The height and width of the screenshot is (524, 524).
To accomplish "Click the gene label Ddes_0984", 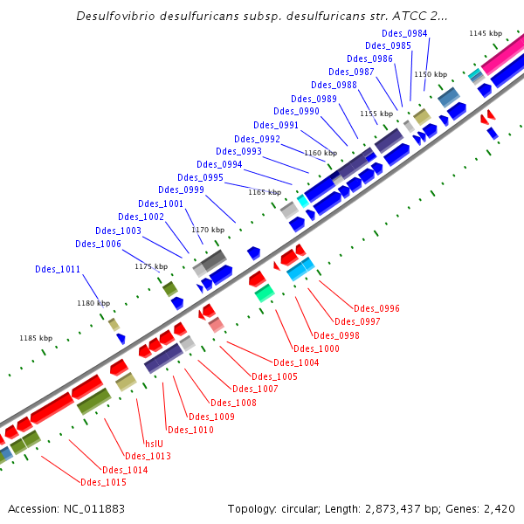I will [x=404, y=33].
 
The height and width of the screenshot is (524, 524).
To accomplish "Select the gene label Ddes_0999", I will [x=181, y=190].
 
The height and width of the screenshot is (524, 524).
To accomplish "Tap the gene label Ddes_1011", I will [x=58, y=269].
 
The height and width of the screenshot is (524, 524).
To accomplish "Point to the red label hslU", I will [x=155, y=443].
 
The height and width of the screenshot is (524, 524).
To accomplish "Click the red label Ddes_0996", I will [x=377, y=308].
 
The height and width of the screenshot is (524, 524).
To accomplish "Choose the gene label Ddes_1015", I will [x=103, y=482].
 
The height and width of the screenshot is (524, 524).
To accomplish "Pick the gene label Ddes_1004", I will [x=296, y=362].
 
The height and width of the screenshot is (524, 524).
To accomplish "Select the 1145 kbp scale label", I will [x=486, y=33].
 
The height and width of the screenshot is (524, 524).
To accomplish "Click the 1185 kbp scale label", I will [x=36, y=338].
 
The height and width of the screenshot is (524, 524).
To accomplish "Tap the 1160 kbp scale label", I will [x=321, y=153].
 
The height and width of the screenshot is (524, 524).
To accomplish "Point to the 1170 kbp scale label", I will [x=208, y=230].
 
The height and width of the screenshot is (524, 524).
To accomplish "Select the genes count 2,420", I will [x=499, y=508].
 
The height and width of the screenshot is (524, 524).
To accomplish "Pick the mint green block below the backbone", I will [x=265, y=293].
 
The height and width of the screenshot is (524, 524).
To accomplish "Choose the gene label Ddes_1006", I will [x=98, y=244].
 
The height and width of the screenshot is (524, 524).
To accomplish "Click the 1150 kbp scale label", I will [x=430, y=75].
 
